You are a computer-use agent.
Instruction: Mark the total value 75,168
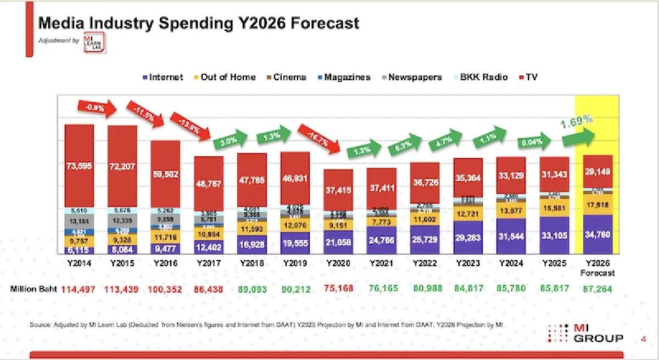tap(339, 289)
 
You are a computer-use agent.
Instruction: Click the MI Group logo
tap(587, 333)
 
